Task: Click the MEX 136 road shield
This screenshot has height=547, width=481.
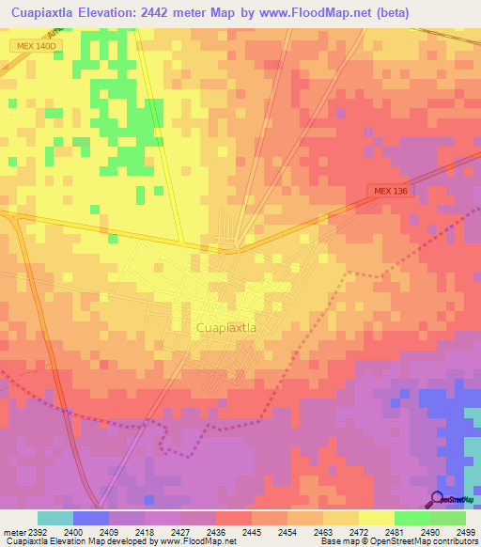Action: [390, 192]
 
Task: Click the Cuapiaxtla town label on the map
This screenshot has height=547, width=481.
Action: [226, 327]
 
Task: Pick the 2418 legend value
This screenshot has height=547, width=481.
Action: [146, 531]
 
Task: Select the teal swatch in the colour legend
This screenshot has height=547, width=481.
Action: [55, 518]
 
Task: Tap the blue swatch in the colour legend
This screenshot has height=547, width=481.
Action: [91, 518]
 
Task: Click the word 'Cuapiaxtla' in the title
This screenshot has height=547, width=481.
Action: [42, 13]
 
